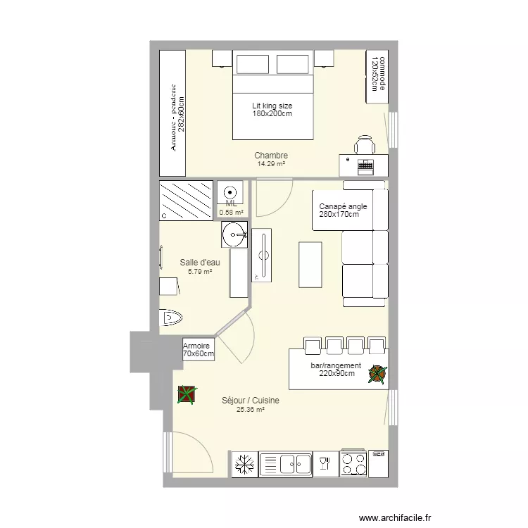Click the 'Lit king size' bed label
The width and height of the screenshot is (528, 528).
tap(272, 106)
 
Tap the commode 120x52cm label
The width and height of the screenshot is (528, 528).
tap(377, 73)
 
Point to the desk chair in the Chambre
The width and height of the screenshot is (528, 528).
tap(365, 145)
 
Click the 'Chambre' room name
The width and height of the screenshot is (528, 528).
tap(271, 156)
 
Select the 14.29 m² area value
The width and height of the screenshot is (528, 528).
tap(271, 164)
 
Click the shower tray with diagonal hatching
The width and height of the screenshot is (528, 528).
tap(186, 201)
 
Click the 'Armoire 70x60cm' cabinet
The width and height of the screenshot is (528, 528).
tap(198, 350)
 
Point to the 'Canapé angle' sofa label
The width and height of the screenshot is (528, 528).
tap(343, 206)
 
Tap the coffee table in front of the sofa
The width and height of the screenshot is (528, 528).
tap(310, 264)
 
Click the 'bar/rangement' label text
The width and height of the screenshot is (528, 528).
tap(336, 366)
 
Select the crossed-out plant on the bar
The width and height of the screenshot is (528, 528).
tap(378, 376)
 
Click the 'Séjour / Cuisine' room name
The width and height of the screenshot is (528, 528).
tap(250, 400)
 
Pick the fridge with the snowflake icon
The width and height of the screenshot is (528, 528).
tap(244, 465)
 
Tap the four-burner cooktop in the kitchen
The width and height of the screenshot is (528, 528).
tap(353, 464)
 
